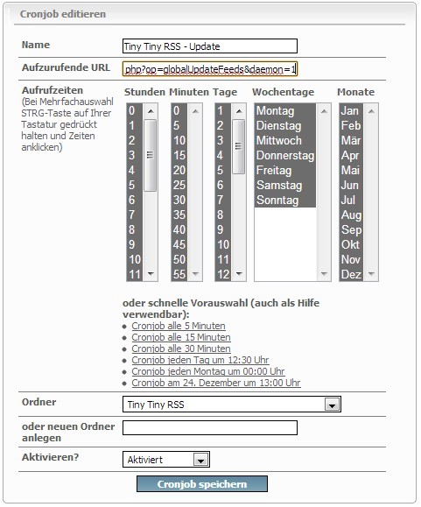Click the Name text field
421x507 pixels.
[x=210, y=46]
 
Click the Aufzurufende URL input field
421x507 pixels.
[x=210, y=68]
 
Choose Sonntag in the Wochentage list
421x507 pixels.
[x=277, y=200]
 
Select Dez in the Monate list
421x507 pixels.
[x=350, y=274]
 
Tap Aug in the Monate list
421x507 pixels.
[x=350, y=215]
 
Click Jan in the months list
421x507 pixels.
[x=350, y=111]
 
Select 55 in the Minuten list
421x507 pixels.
[x=179, y=274]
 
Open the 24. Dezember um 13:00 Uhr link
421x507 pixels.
[x=215, y=383]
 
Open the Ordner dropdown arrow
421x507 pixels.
[x=331, y=405]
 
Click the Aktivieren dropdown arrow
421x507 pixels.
[x=200, y=460]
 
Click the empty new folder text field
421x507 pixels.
[x=210, y=428]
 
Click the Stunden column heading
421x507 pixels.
[x=145, y=92]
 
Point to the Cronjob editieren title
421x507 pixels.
[x=63, y=15]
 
